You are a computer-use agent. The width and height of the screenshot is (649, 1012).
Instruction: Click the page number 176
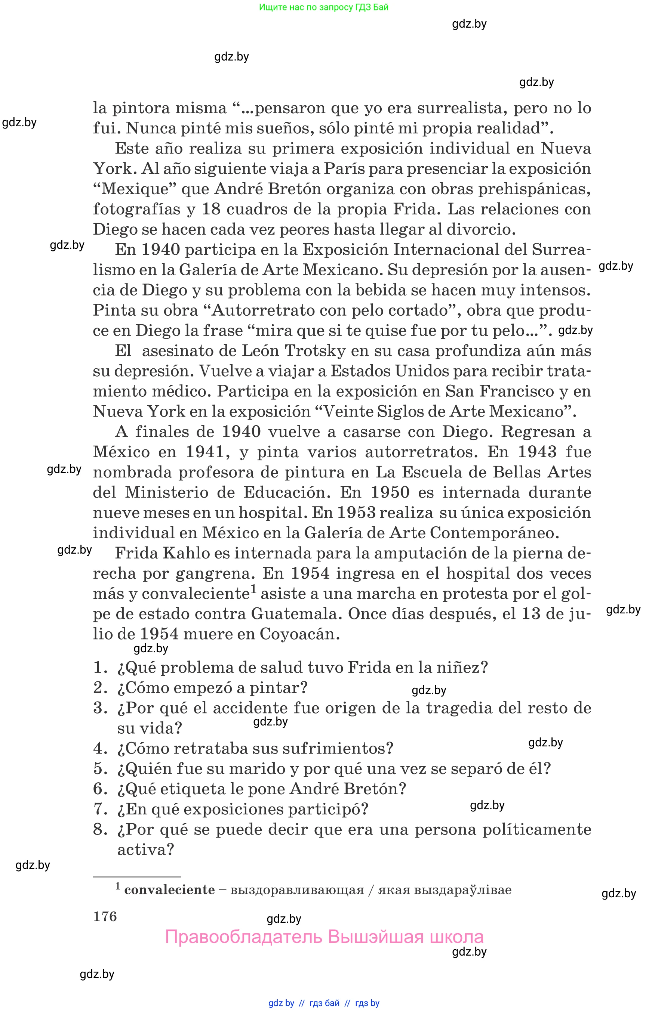tap(105, 916)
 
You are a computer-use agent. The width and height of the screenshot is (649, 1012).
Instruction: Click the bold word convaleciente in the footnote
tap(169, 889)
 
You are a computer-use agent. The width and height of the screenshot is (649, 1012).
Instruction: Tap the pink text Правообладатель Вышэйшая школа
tap(324, 937)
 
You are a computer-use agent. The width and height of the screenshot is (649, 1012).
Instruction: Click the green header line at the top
tap(324, 7)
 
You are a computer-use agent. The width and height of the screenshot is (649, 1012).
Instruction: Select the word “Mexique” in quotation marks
tap(135, 189)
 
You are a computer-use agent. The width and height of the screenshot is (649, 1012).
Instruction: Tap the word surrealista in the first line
tap(462, 108)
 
